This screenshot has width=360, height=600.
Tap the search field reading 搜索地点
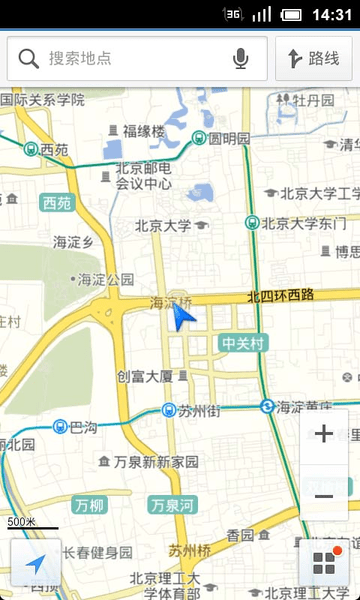(130, 59)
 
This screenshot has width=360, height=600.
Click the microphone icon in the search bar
(241, 59)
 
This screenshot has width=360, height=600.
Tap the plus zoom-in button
(324, 434)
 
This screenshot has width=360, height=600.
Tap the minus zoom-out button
(324, 496)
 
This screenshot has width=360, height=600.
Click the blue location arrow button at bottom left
(35, 564)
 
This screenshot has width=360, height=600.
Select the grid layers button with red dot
(323, 562)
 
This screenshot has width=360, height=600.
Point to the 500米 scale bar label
(22, 522)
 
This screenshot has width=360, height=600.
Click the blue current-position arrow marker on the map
(182, 317)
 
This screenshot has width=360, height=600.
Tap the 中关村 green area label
(242, 344)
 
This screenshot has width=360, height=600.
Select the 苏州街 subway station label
(198, 410)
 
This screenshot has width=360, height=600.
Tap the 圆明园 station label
(229, 138)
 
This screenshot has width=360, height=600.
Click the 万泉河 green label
(172, 505)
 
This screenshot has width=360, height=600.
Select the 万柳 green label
(90, 505)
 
